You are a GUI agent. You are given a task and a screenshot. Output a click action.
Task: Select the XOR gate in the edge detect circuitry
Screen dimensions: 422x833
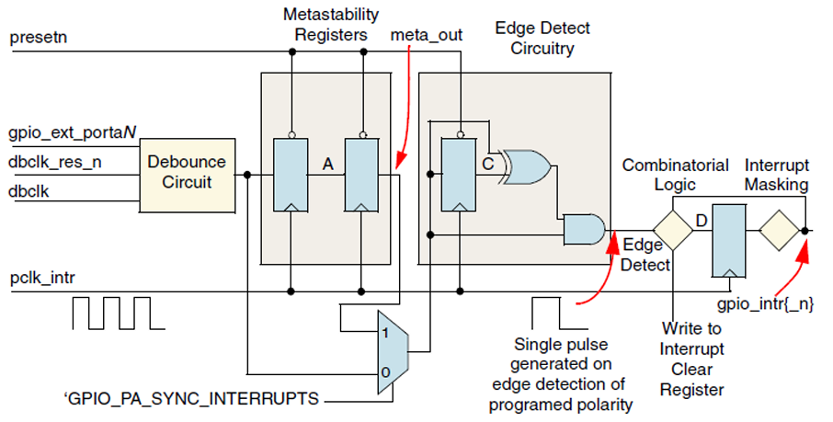[x=527, y=167]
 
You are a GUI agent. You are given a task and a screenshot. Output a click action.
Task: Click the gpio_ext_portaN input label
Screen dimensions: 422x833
[x=73, y=134]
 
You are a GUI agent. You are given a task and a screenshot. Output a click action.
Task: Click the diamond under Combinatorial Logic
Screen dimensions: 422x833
[x=672, y=230]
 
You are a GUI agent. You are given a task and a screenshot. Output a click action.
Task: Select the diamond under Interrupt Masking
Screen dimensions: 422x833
[x=777, y=230]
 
